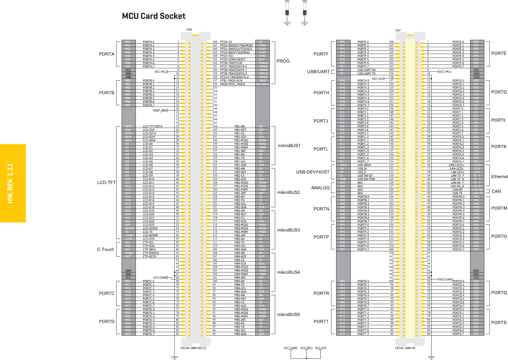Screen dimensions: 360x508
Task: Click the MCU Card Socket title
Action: coord(154,16)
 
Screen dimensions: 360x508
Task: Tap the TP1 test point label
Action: coord(287,2)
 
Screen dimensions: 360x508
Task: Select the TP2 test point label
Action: coord(305,2)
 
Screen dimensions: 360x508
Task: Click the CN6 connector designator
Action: coord(189,30)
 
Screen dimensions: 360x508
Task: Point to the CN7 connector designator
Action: coord(398,31)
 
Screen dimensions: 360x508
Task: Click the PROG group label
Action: coord(283,61)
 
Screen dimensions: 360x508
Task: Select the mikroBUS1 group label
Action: coord(289,146)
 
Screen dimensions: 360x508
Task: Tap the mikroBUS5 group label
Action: coord(288,314)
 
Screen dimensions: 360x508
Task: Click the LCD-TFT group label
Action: coord(106,182)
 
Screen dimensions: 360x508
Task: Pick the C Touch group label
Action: coord(106,249)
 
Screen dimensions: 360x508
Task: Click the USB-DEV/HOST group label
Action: coord(312,172)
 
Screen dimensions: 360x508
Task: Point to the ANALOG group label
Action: coord(320,188)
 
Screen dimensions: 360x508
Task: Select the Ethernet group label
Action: coord(499,177)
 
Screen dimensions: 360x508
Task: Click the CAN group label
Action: coord(496,191)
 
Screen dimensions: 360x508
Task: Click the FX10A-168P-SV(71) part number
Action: coord(193,348)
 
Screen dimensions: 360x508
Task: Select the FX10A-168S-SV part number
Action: coord(405,348)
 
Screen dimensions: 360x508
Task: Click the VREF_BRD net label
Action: coord(160,111)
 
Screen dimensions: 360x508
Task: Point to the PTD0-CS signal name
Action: coord(226,42)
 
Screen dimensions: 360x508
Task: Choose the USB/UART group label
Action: coord(318,72)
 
